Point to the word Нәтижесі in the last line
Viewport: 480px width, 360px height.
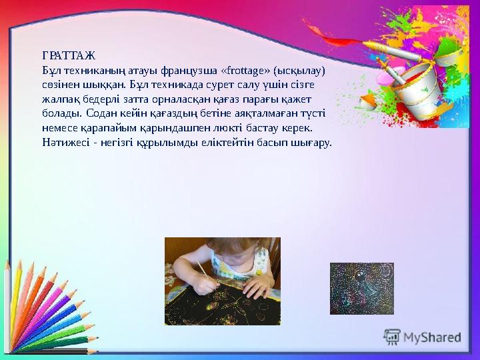(63, 142)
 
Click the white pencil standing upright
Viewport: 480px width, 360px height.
(7, 307)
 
